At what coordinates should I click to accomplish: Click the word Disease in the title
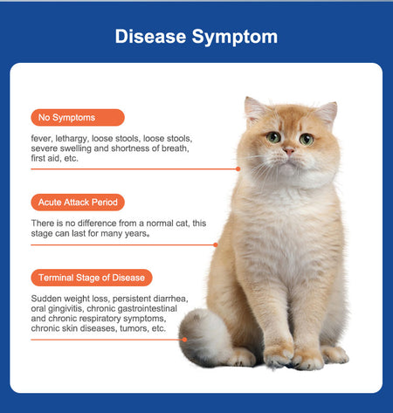(150, 37)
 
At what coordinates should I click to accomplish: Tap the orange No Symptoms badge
(78, 118)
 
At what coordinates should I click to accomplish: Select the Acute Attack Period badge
(78, 203)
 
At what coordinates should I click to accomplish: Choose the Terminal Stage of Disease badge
(92, 278)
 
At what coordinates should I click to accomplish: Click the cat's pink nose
(289, 151)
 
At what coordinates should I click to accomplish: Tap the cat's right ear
(327, 114)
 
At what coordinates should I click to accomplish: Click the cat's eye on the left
(273, 137)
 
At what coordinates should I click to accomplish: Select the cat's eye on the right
(307, 140)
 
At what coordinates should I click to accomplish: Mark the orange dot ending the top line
(238, 169)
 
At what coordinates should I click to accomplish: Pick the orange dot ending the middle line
(216, 244)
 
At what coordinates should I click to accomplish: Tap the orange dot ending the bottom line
(184, 340)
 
